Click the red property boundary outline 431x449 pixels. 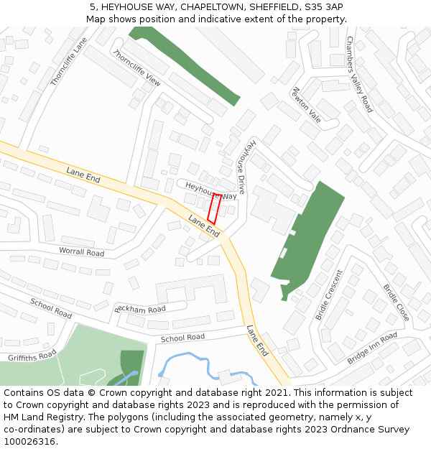(x=214, y=208)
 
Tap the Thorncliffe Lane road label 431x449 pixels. (x=69, y=63)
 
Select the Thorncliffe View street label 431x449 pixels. (x=136, y=68)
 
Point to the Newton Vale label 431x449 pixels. (x=307, y=105)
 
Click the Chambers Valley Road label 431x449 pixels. (x=359, y=74)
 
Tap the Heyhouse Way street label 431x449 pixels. (x=210, y=190)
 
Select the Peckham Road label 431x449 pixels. (x=140, y=309)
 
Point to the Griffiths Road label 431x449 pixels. (x=32, y=356)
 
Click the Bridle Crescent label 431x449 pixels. (x=330, y=295)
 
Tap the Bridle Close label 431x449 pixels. (x=396, y=302)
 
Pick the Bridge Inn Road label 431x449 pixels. (x=371, y=348)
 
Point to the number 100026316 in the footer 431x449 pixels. (x=29, y=441)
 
